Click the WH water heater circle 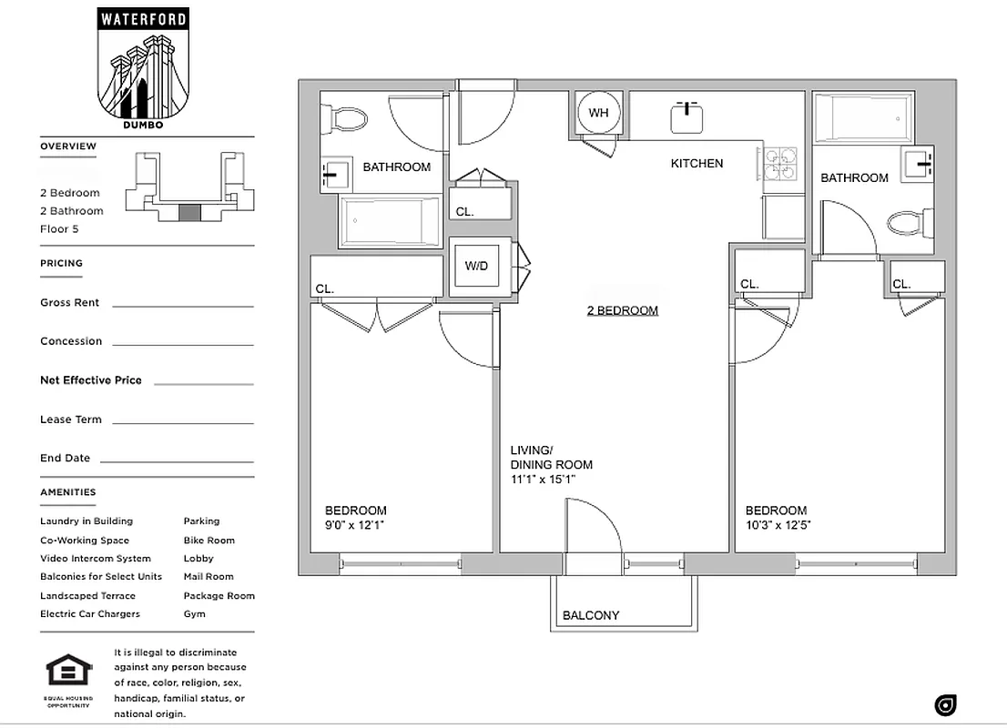click(598, 113)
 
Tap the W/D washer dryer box click(476, 267)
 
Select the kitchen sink click(687, 117)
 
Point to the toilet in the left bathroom click(346, 118)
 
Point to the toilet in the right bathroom click(910, 222)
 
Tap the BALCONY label click(590, 615)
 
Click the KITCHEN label click(697, 164)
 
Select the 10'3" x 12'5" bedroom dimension click(778, 525)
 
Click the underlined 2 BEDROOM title click(622, 310)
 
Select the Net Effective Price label click(91, 380)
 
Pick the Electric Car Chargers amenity click(90, 614)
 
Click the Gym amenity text click(194, 614)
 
